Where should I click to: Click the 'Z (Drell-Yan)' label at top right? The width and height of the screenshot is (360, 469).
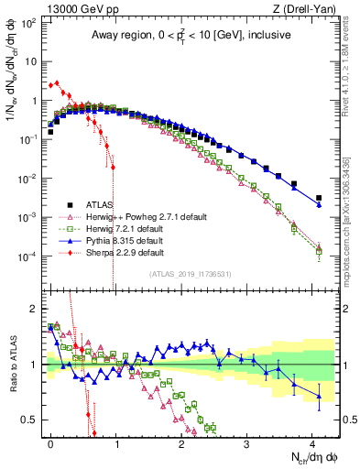coord(307,8)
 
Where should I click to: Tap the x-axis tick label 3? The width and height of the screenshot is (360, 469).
coord(246,442)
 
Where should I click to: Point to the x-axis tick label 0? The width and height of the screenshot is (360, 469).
coord(50,442)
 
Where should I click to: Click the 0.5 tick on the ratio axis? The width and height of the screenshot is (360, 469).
coord(32,420)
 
